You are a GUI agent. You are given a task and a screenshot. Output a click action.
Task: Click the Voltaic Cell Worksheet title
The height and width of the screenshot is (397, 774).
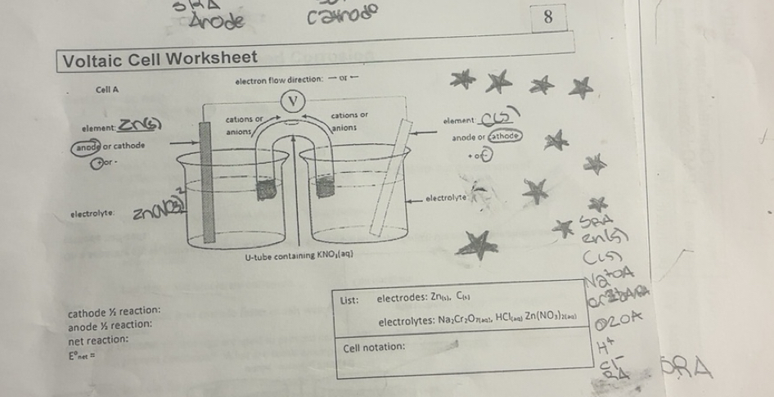click(x=160, y=58)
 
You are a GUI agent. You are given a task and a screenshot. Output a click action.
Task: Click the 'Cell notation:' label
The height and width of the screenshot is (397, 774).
click(x=376, y=347)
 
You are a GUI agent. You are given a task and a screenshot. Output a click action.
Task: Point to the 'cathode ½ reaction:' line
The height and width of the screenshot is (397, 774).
click(x=114, y=312)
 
